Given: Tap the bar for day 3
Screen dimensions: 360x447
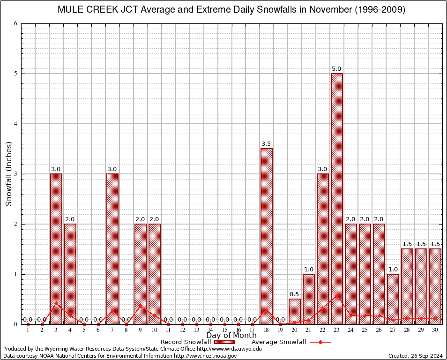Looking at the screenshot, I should pos(56,249).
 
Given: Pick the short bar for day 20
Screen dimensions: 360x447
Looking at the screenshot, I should pos(295,311).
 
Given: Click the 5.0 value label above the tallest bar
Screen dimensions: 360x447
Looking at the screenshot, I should pos(337,69).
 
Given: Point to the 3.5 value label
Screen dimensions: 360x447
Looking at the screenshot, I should pos(267,144).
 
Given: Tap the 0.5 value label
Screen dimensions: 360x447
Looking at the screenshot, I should pos(295,294).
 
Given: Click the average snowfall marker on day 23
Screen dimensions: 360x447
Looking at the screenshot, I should pos(337,295).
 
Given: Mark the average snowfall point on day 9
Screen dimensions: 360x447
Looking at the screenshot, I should pos(141,306).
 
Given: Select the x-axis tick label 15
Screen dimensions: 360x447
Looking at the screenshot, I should pos(224,330).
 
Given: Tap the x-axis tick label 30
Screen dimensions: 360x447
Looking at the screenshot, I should pos(435,330).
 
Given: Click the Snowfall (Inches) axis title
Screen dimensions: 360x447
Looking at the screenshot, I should pos(9,174).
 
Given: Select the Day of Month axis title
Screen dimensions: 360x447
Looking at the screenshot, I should pos(231,336).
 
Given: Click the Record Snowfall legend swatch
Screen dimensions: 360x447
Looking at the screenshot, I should pos(224,342).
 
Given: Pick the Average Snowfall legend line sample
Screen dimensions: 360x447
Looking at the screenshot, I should pos(320,342).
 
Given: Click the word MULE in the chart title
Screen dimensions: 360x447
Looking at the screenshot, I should pos(70,10).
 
